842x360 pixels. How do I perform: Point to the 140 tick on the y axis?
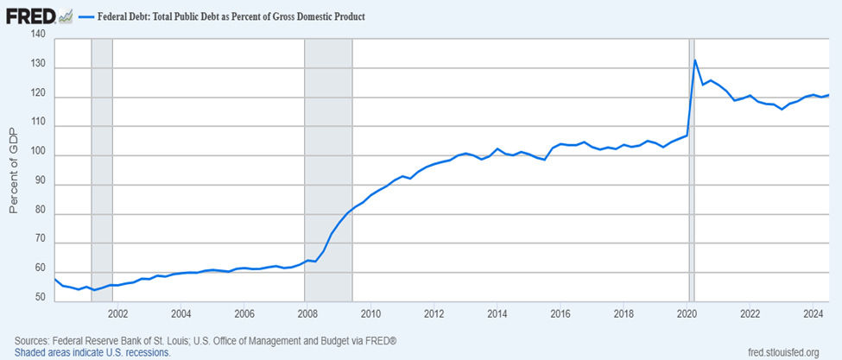(37, 34)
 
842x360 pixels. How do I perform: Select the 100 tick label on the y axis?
(37, 155)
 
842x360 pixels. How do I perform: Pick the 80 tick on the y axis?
(37, 214)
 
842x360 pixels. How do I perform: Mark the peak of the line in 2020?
(696, 60)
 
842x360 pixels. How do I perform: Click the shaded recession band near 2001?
(102, 173)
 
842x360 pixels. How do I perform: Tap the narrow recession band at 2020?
(690, 173)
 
